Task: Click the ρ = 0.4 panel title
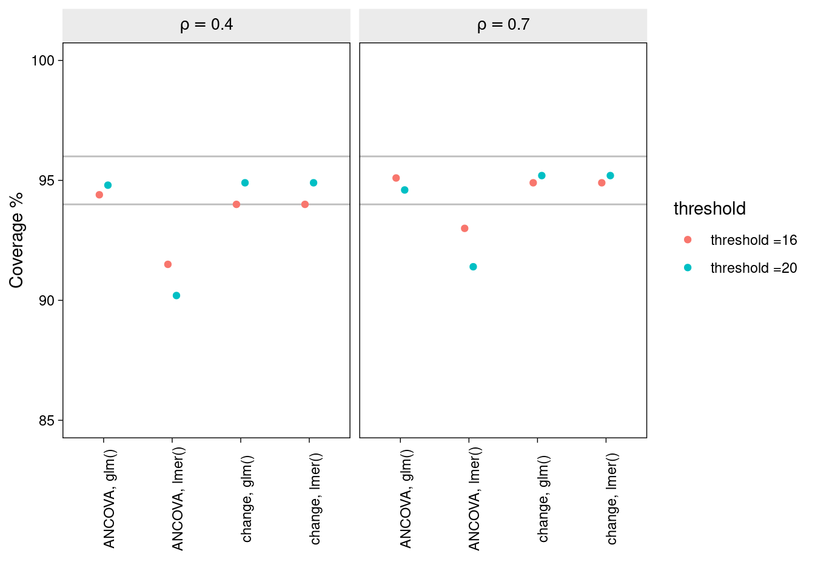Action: pyautogui.click(x=206, y=25)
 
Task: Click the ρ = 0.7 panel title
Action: pyautogui.click(x=503, y=25)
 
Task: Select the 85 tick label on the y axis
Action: pyautogui.click(x=47, y=421)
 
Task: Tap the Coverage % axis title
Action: pyautogui.click(x=16, y=240)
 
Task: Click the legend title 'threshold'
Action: pyautogui.click(x=709, y=209)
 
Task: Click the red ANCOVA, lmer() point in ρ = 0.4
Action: pyautogui.click(x=168, y=264)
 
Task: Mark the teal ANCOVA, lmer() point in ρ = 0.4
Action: pyautogui.click(x=176, y=296)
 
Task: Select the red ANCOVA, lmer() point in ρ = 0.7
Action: pyautogui.click(x=465, y=229)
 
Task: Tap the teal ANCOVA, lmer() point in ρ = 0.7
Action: pyautogui.click(x=473, y=267)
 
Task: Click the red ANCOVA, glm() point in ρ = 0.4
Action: pyautogui.click(x=99, y=195)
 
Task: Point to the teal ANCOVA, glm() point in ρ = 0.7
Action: pyautogui.click(x=404, y=190)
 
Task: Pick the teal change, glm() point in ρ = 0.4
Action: pyautogui.click(x=245, y=182)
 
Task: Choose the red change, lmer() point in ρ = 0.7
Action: pyautogui.click(x=602, y=182)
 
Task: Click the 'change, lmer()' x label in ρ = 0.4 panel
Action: pyautogui.click(x=315, y=499)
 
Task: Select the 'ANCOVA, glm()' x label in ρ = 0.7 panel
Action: pyautogui.click(x=406, y=499)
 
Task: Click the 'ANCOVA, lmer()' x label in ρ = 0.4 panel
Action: pyautogui.click(x=178, y=499)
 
